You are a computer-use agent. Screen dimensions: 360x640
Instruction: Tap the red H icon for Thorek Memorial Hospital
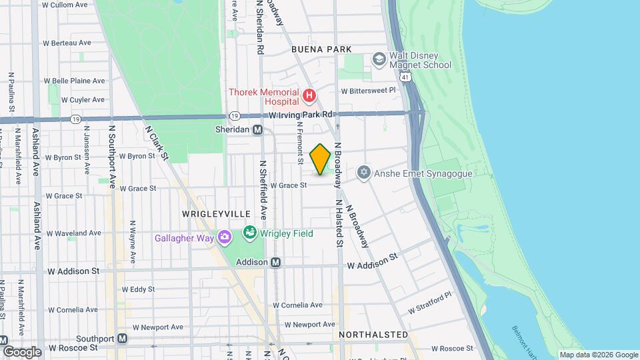click(309, 97)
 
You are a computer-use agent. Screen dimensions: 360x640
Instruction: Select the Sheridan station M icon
click(257, 129)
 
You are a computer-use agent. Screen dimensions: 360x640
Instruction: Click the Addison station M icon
click(275, 263)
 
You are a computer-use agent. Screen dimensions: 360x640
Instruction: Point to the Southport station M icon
click(122, 338)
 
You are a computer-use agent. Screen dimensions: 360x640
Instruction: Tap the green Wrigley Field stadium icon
click(250, 233)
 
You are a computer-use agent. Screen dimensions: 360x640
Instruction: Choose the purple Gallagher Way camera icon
click(225, 237)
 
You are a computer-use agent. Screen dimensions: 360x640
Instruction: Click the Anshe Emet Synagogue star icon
click(363, 173)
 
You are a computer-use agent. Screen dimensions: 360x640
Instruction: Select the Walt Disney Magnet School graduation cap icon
click(379, 59)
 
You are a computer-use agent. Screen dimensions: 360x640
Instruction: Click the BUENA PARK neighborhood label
click(321, 49)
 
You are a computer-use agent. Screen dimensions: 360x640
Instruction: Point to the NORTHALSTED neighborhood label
click(373, 334)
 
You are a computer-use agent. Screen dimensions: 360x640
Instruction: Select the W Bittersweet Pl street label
click(368, 90)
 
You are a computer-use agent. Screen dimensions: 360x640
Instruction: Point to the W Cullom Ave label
click(66, 5)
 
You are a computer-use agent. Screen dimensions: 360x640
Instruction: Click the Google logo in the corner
click(21, 351)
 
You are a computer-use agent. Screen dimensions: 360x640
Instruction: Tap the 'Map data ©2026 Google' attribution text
click(598, 355)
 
